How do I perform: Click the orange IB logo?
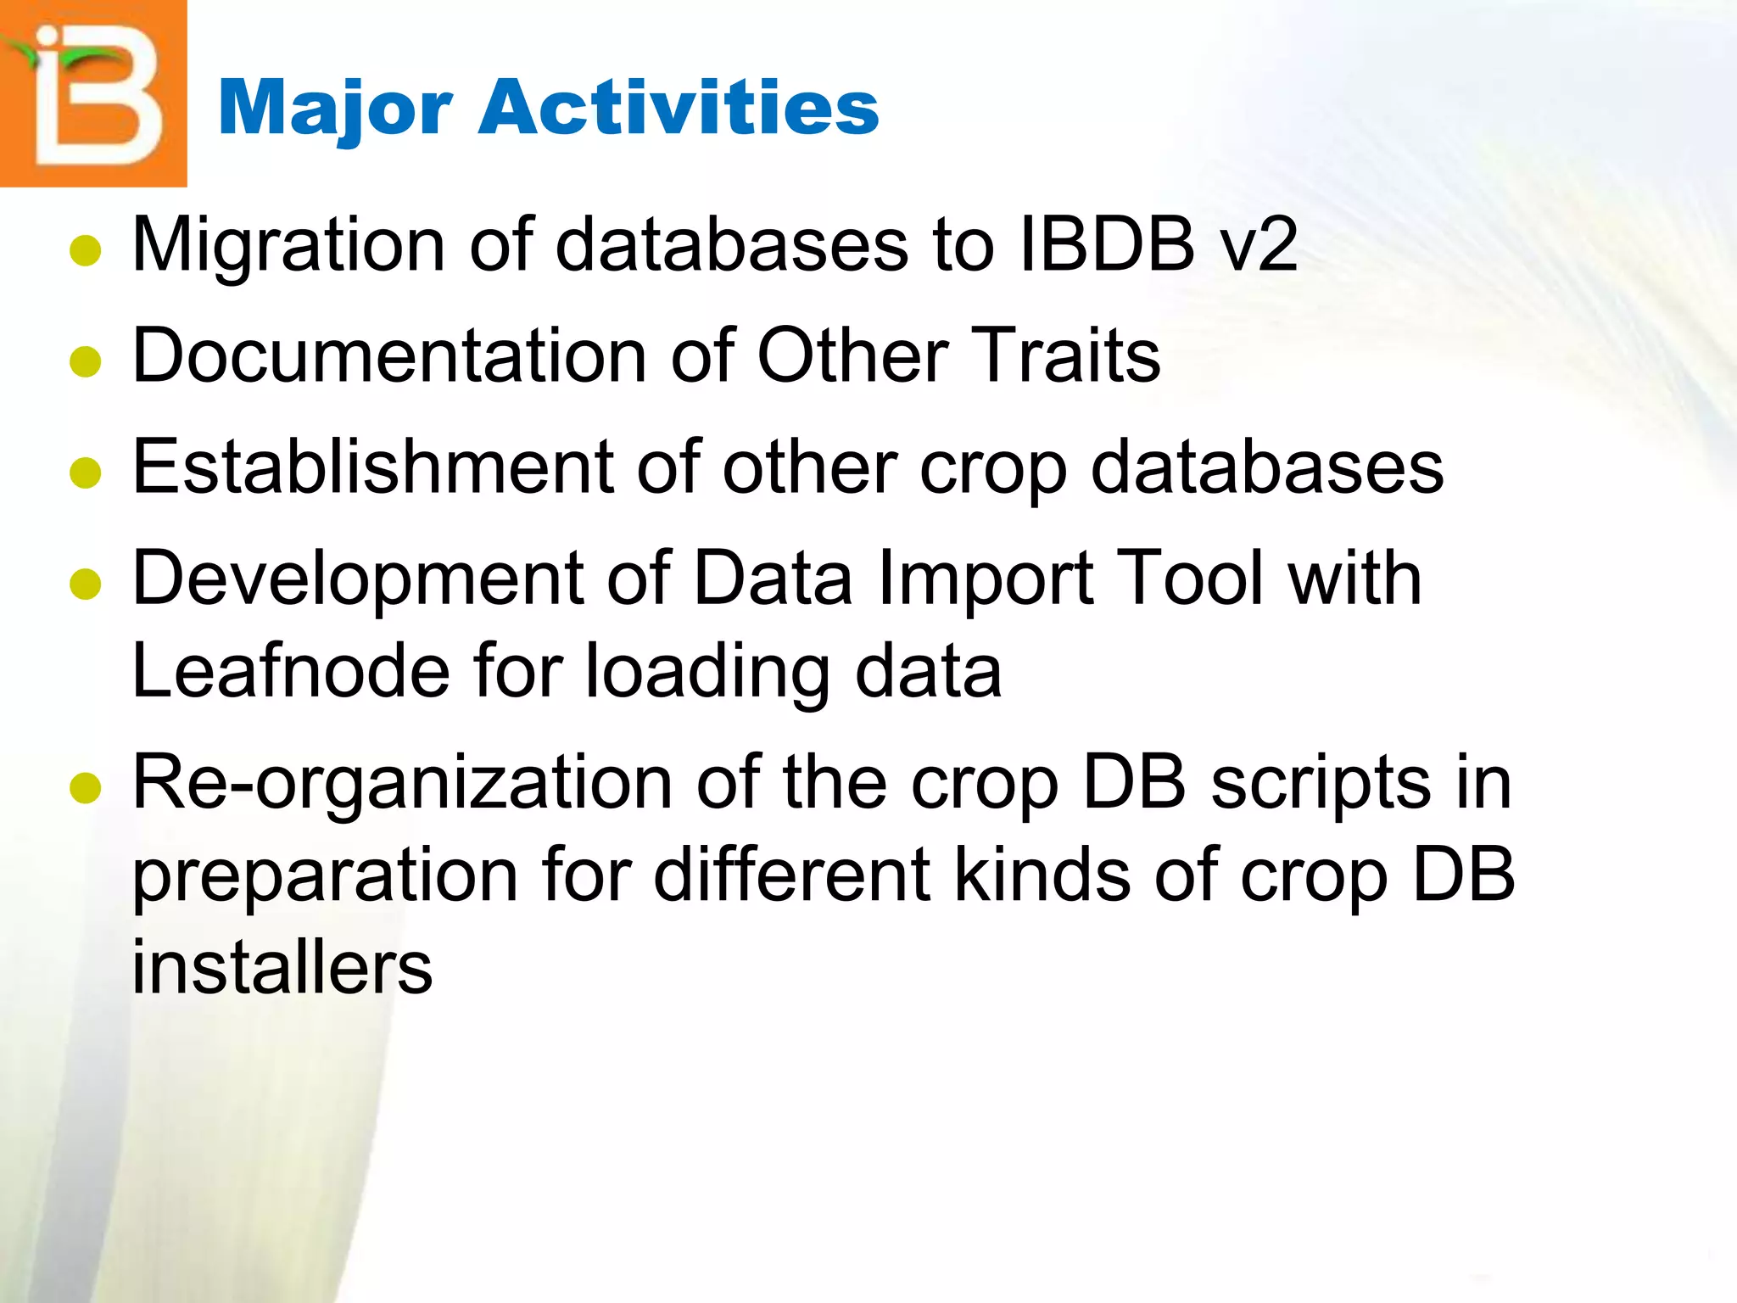click(93, 93)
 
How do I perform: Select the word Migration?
click(289, 246)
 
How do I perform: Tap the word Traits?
click(1064, 356)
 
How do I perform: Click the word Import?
click(985, 580)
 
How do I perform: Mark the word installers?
click(282, 968)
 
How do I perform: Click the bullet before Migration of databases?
click(86, 251)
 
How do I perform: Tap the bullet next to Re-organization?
click(86, 788)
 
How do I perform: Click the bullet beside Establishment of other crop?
click(86, 473)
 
